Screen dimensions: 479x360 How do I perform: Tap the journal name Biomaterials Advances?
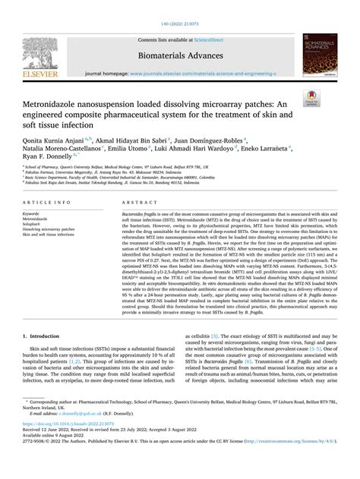tap(180, 55)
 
